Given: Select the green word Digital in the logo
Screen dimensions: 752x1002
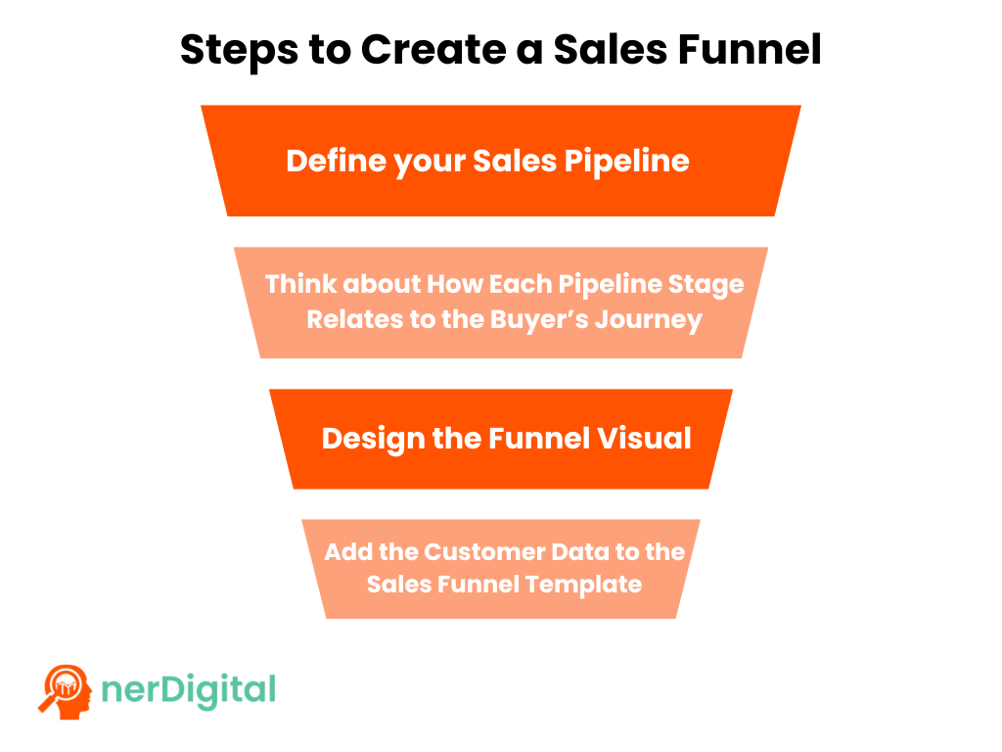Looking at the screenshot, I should pyautogui.click(x=218, y=690).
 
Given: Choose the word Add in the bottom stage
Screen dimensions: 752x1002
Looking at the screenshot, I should pyautogui.click(x=347, y=551).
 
